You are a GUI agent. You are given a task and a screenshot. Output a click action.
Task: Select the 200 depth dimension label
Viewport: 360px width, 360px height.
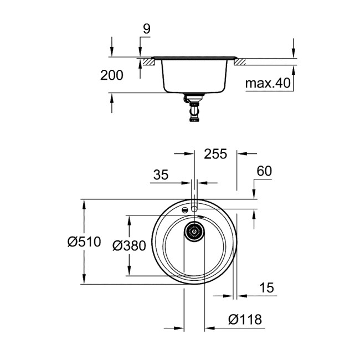pos(112,76)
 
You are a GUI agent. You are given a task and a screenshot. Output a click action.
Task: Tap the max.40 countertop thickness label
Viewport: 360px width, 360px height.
pos(268,84)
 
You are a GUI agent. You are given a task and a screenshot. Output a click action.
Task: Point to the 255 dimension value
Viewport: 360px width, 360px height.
pos(215,154)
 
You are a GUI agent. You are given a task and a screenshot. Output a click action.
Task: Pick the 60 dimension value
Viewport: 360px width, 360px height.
pos(264,172)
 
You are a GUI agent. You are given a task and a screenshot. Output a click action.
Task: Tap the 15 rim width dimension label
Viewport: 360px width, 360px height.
pos(266,288)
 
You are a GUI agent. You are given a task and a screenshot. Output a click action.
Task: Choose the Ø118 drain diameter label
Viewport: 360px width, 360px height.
pos(244,320)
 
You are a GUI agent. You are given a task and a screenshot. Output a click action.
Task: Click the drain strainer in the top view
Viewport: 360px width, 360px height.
pos(194,232)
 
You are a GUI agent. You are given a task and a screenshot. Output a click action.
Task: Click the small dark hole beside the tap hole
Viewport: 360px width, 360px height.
pos(183,210)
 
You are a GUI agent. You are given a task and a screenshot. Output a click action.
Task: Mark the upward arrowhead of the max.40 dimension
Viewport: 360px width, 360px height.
pos(293,69)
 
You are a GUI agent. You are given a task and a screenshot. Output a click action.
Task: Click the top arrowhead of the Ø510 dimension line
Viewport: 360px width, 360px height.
pos(84,203)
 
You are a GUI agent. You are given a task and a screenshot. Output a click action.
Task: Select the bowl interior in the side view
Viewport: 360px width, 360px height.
pos(193,76)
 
